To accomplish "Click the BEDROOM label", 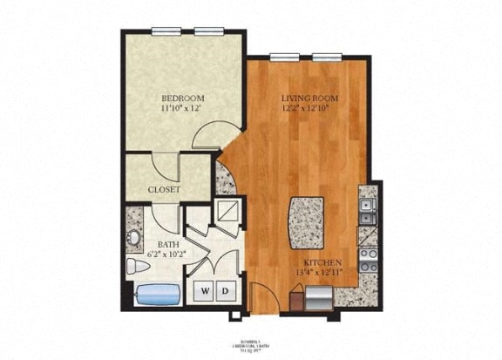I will (182, 98).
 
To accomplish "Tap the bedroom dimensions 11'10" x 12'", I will (182, 110).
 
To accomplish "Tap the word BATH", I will (168, 245).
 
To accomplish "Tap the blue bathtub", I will (158, 294).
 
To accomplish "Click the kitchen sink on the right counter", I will (368, 209).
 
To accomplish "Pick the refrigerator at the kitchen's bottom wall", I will (316, 298).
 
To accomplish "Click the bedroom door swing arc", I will (209, 138).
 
